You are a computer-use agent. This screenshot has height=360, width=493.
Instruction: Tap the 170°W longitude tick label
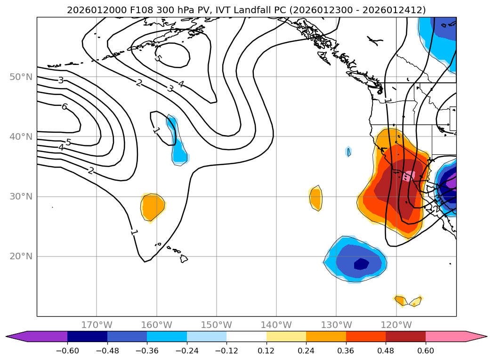pyautogui.click(x=97, y=325)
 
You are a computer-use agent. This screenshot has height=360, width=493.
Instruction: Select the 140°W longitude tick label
pyautogui.click(x=276, y=325)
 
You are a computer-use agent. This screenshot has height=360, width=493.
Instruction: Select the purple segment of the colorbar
pyautogui.click(x=42, y=336)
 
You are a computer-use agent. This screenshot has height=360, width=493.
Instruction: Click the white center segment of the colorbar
pyautogui.click(x=246, y=336)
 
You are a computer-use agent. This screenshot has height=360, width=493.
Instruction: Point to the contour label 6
pyautogui.click(x=65, y=107)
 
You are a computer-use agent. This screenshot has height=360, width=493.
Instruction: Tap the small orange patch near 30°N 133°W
pyautogui.click(x=315, y=198)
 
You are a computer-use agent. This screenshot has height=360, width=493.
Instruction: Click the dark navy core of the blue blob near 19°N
pyautogui.click(x=361, y=264)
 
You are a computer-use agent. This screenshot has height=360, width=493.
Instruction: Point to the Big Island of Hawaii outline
pyautogui.click(x=184, y=259)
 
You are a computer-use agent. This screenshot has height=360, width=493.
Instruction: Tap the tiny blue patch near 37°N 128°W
pyautogui.click(x=348, y=152)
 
